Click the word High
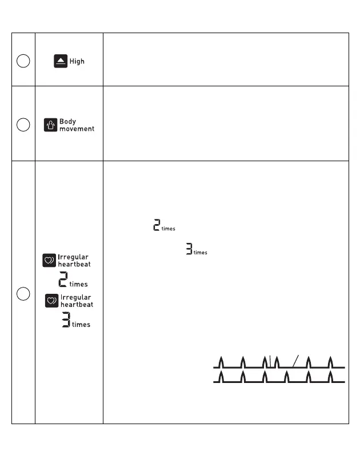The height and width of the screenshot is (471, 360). tap(77, 61)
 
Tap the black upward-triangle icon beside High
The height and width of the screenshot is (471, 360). tap(61, 61)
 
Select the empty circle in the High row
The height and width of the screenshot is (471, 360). tap(23, 61)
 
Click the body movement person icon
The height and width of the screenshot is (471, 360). tap(51, 125)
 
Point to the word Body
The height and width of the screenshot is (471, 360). tap(67, 122)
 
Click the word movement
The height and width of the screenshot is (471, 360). tap(77, 129)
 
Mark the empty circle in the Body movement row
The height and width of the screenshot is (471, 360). tap(23, 125)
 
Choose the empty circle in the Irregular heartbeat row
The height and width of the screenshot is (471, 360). tap(23, 294)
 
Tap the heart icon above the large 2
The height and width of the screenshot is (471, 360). tap(50, 261)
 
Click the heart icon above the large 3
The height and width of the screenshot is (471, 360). tap(52, 301)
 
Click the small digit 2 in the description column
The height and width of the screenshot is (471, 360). tap(157, 225)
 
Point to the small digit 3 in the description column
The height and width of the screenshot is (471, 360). tap(189, 249)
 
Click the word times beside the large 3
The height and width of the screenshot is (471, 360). tap(81, 325)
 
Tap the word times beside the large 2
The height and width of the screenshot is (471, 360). tap(78, 284)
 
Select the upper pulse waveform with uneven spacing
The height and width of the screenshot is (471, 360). tap(279, 362)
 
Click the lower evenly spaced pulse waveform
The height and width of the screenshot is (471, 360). tap(279, 378)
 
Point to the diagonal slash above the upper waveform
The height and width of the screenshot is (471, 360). tap(295, 360)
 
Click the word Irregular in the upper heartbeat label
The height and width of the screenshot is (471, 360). tap(73, 257)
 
